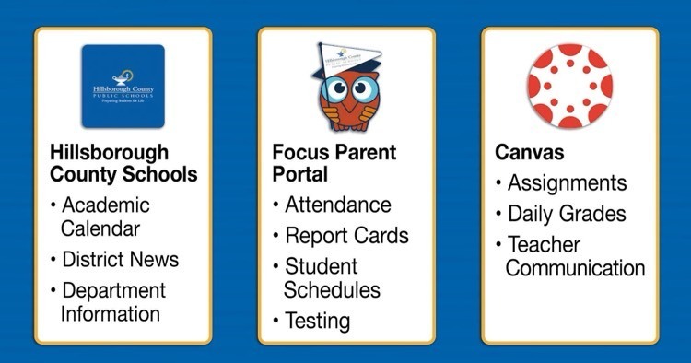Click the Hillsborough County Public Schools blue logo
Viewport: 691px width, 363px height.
tap(123, 86)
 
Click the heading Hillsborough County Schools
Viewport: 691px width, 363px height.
tap(123, 161)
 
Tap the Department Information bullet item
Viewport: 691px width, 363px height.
tap(112, 302)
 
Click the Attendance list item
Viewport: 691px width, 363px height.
tap(337, 205)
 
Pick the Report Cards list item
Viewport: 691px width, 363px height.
tap(345, 235)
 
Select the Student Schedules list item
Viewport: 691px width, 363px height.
tap(333, 278)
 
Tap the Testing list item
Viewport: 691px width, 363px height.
tap(317, 321)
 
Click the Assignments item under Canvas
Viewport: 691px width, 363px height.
tap(567, 183)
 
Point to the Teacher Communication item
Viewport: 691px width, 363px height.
tap(574, 256)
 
